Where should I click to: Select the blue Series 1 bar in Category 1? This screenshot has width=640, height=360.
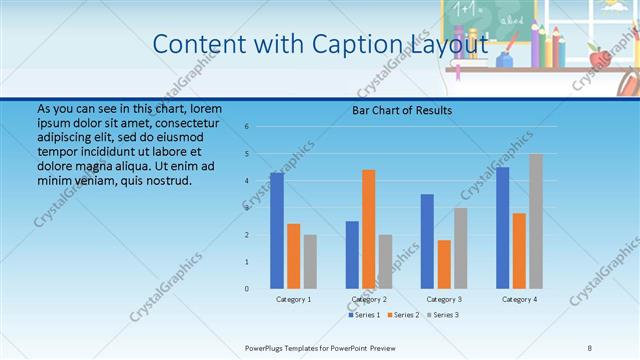(277, 231)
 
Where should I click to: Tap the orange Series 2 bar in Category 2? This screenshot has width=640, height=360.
(369, 229)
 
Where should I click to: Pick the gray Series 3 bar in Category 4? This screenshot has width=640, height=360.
(536, 221)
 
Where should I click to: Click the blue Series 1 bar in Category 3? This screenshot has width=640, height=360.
(427, 241)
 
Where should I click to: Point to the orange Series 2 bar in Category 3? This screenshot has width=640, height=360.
(444, 264)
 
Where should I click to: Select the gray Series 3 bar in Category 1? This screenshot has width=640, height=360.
(310, 262)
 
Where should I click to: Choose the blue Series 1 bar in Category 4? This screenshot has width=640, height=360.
(502, 228)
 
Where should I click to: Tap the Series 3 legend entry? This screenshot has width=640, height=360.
(444, 315)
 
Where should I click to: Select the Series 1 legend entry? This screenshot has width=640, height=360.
(363, 315)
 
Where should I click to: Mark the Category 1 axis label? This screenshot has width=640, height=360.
(294, 299)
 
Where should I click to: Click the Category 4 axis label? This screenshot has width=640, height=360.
(519, 299)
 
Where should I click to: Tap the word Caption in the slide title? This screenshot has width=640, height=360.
(331, 44)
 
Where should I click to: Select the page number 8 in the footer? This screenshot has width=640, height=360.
(589, 347)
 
